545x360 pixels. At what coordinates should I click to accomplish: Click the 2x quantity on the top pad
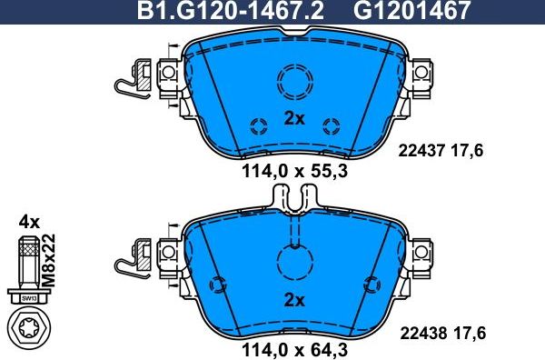click(x=292, y=117)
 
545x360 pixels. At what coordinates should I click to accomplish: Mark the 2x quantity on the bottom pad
click(x=292, y=299)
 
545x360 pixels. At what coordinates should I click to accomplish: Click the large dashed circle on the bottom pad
click(x=293, y=264)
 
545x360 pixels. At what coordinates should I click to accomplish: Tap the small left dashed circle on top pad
click(x=257, y=125)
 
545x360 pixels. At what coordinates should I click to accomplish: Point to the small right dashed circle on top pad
click(x=331, y=125)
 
